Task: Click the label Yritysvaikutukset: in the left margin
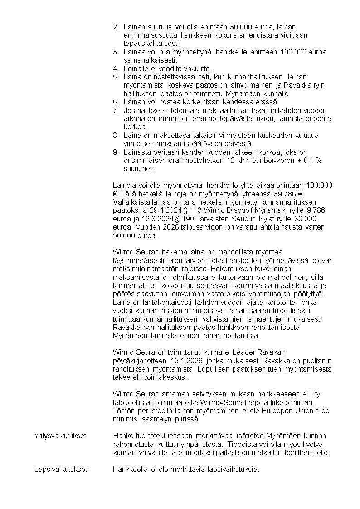[x=61, y=436]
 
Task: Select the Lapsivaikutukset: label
[x=61, y=470]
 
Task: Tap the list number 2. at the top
[x=116, y=27]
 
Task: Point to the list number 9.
[x=116, y=152]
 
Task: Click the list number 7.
[x=116, y=111]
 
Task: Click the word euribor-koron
[x=264, y=161]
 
